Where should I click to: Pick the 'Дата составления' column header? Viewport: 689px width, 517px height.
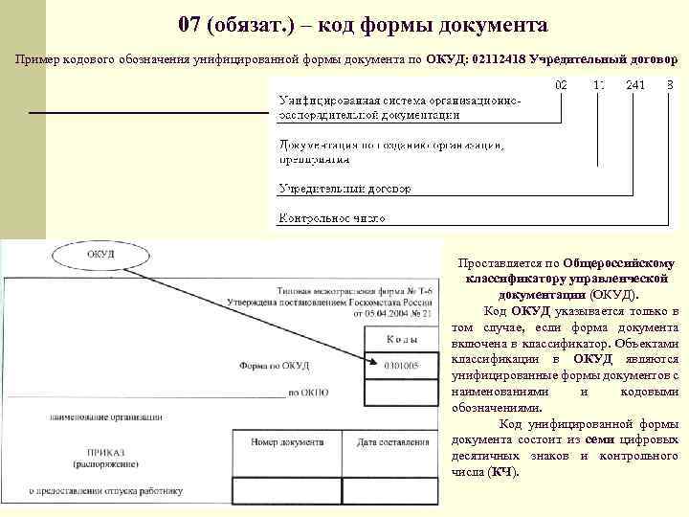tap(392, 442)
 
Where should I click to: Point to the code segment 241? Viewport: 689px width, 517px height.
tap(634, 85)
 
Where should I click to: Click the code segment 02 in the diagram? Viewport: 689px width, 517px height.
tap(561, 85)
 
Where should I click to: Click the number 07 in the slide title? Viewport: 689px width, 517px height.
tap(190, 22)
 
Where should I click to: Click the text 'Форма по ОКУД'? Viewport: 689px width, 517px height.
tap(274, 365)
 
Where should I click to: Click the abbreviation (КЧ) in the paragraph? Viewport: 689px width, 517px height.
tap(500, 472)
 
